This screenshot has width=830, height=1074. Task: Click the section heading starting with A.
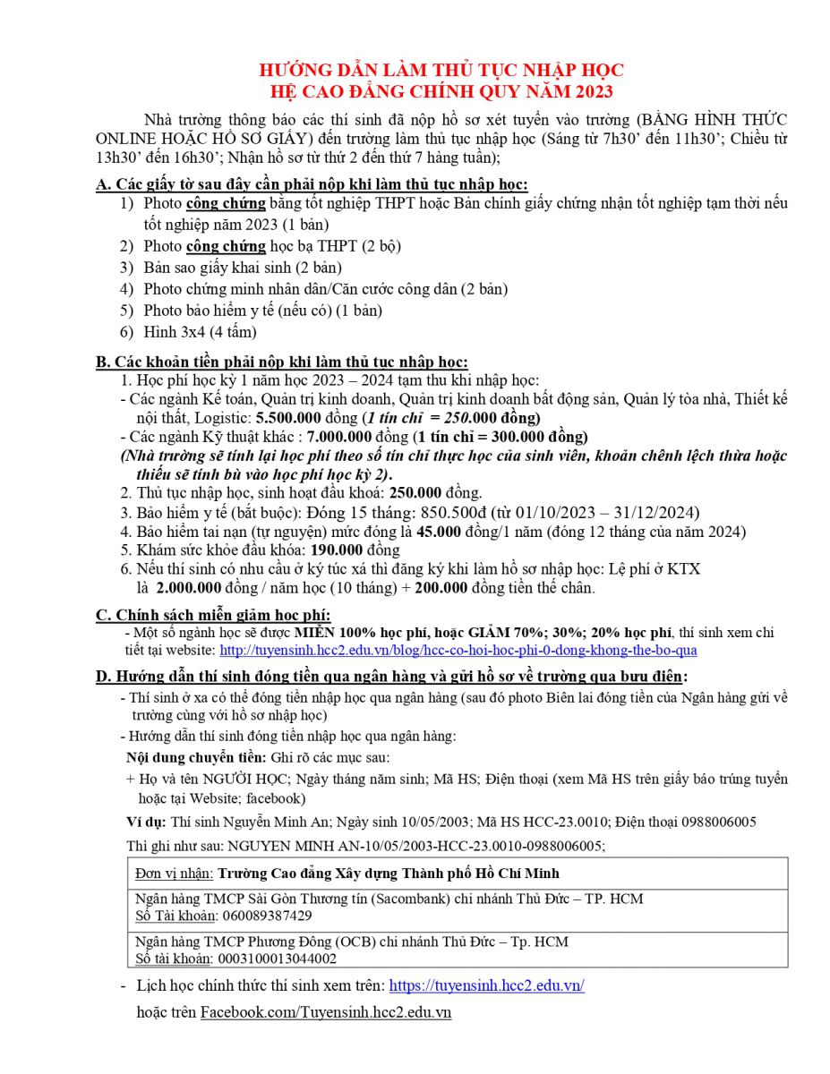tap(312, 184)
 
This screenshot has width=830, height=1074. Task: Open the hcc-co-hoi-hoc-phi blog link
tap(458, 650)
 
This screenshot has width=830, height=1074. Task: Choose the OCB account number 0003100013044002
tap(278, 959)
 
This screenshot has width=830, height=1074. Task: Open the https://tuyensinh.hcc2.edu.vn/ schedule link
tap(486, 985)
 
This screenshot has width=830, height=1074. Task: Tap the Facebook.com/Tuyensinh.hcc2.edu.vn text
tap(325, 1012)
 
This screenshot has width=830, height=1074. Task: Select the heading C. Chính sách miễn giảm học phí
tap(213, 614)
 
